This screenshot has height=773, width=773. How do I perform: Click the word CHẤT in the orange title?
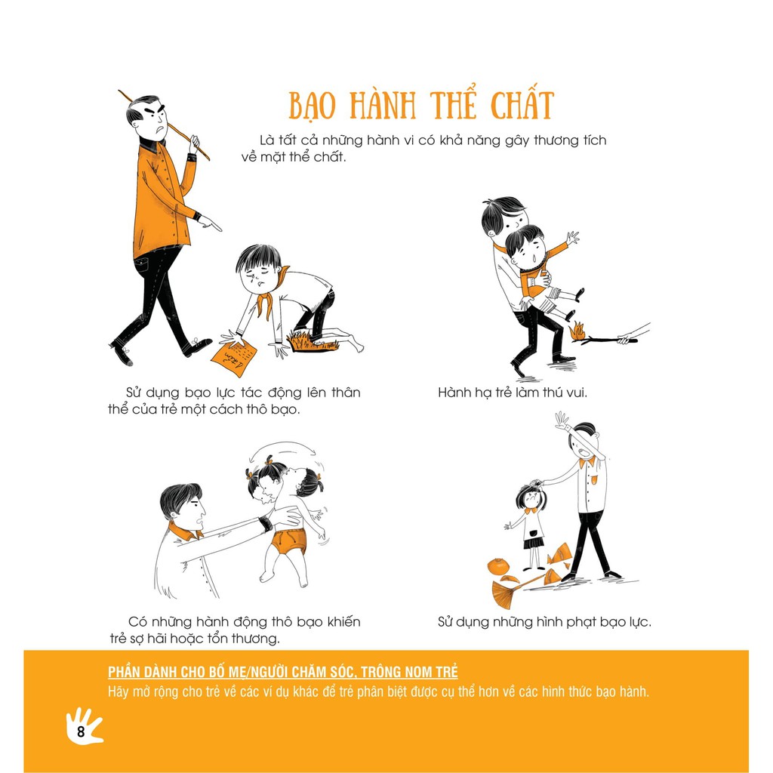[x=522, y=105]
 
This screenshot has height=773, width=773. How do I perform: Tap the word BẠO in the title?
[x=312, y=106]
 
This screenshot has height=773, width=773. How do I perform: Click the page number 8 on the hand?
[x=81, y=731]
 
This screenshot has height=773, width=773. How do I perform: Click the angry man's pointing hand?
[x=210, y=223]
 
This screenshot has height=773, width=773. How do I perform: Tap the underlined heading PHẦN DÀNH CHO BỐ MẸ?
[x=283, y=671]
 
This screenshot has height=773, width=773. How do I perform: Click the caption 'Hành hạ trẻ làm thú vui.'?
[x=513, y=393]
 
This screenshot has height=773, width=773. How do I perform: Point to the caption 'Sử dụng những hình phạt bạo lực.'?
[x=544, y=622]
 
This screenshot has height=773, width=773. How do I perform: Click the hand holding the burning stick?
[x=627, y=339]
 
